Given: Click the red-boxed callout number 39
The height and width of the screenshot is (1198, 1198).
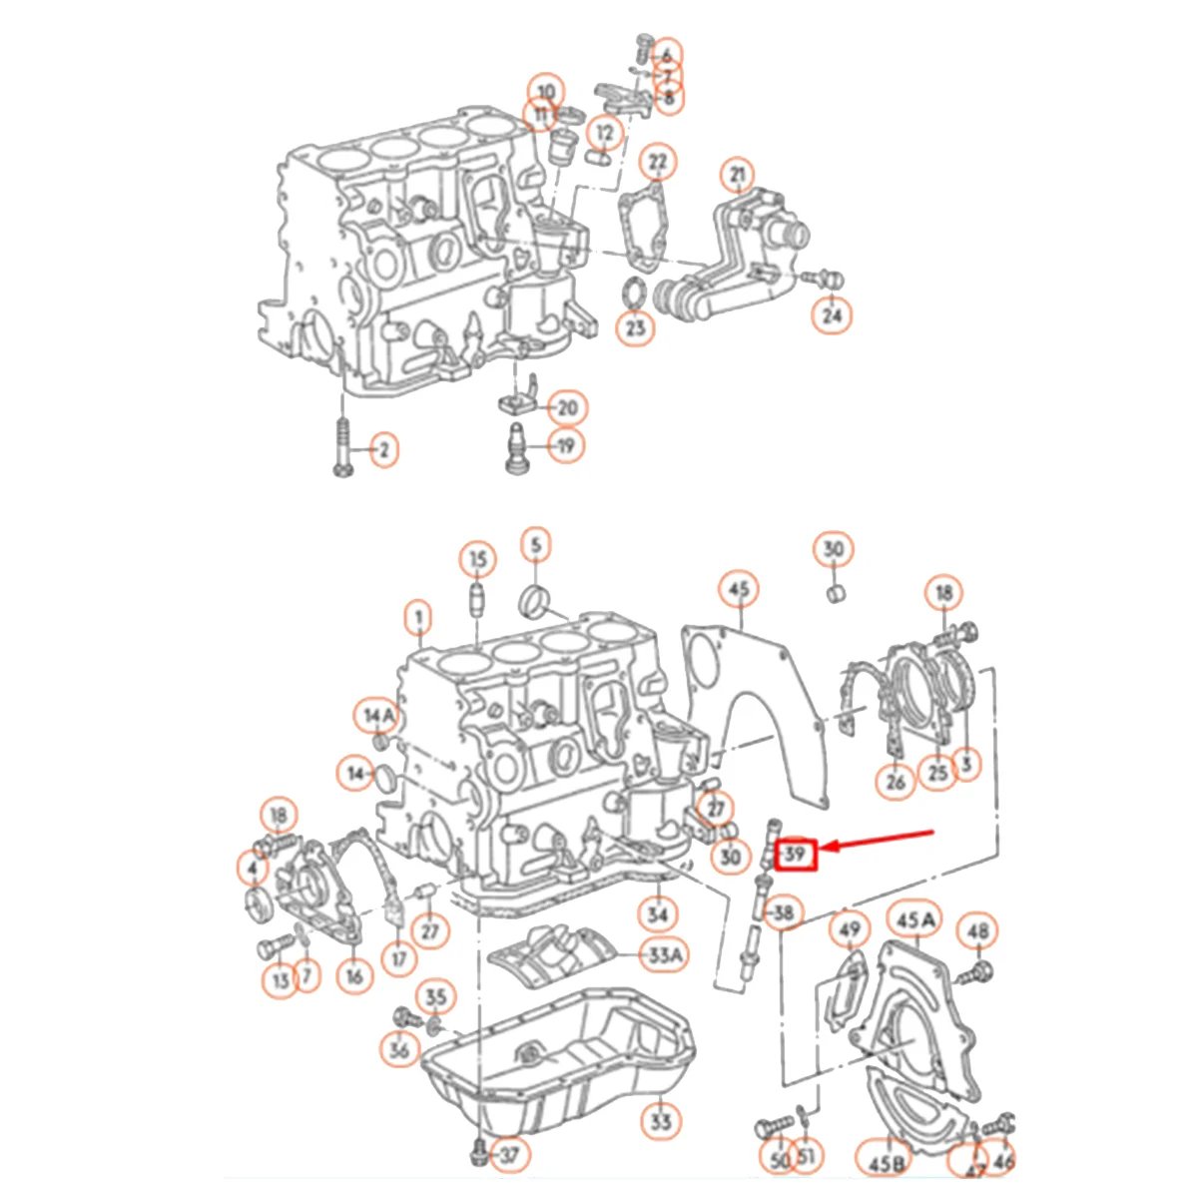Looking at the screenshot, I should click(x=796, y=855).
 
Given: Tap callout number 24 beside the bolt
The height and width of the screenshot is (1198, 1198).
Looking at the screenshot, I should click(x=832, y=315).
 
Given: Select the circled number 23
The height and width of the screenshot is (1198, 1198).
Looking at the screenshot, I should click(x=636, y=326).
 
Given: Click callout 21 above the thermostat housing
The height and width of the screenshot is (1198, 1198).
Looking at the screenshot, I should click(x=738, y=177).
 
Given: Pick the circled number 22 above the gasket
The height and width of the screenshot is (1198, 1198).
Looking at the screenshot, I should click(x=657, y=161).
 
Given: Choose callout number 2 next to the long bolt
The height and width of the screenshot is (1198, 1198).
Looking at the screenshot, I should click(x=382, y=451).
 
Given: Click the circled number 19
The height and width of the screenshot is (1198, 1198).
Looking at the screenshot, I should click(x=566, y=445).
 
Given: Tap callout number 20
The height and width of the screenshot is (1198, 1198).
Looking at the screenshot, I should click(x=567, y=407).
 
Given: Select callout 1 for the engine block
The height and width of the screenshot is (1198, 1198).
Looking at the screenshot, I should click(x=419, y=619).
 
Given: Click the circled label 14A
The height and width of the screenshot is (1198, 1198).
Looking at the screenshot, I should click(x=379, y=715).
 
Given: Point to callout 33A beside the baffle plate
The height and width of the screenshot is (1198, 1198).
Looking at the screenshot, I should click(x=665, y=955).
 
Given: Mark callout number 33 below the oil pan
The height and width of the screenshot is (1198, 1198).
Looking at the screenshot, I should click(x=660, y=1121).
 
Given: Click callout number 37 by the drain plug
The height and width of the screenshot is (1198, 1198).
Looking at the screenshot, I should click(x=509, y=1156).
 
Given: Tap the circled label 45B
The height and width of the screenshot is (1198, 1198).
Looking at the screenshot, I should click(x=887, y=1162).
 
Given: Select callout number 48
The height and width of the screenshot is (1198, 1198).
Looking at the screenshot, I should click(x=978, y=931).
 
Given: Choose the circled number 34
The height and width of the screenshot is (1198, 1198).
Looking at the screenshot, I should click(x=657, y=912).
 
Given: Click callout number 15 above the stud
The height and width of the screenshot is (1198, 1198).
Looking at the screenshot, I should click(x=478, y=559).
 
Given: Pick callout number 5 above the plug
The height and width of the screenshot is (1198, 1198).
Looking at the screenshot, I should click(x=536, y=545).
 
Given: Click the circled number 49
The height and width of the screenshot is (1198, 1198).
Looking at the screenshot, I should click(x=849, y=930).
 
